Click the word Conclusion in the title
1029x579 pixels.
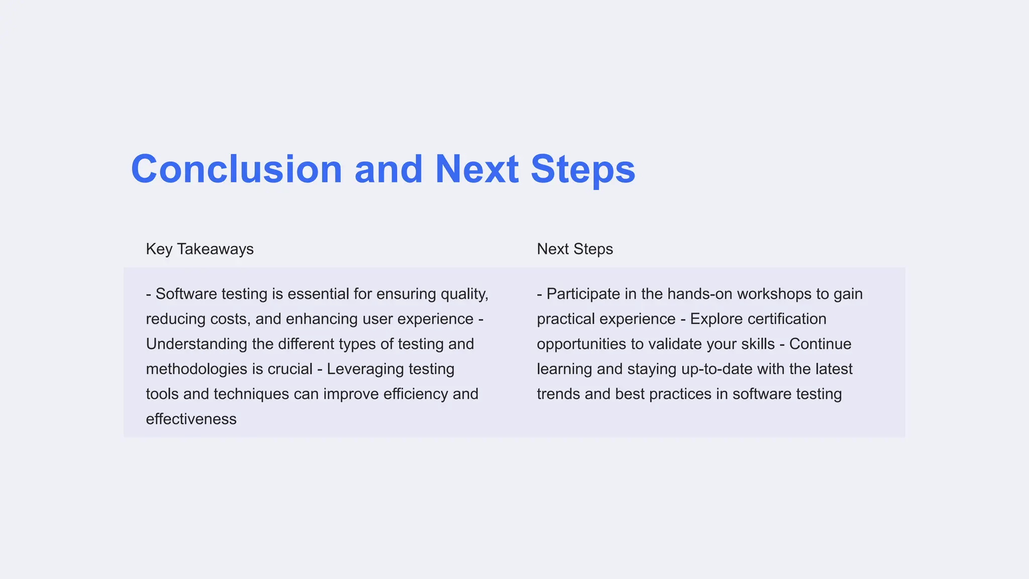pos(236,169)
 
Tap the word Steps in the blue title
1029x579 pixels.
pos(583,169)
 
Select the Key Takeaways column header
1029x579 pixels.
pos(199,249)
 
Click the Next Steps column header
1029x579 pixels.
pos(575,249)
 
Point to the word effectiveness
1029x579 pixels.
pos(191,419)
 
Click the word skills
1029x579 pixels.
pos(758,344)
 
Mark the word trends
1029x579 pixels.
pos(558,394)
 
